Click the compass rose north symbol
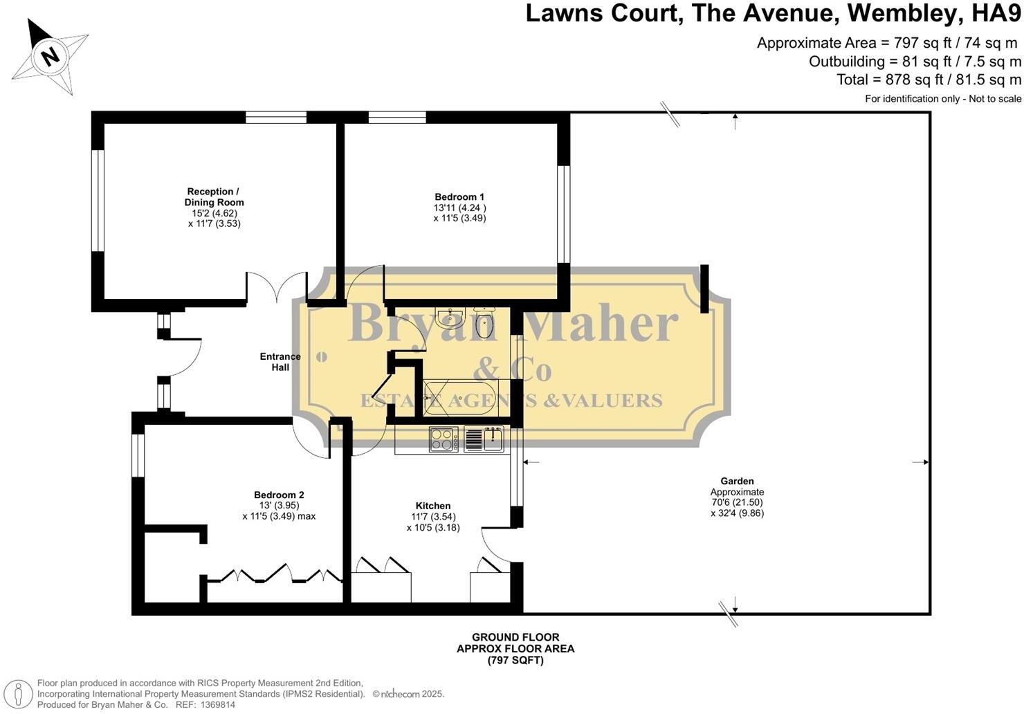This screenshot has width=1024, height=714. (x=50, y=55)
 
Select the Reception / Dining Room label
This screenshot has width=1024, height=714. (x=214, y=197)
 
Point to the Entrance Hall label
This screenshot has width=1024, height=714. (x=280, y=362)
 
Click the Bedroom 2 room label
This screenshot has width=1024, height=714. (x=279, y=495)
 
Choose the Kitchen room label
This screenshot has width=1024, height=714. (x=433, y=506)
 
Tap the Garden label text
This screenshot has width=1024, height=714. (x=737, y=481)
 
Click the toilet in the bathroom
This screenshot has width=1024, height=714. (x=484, y=323)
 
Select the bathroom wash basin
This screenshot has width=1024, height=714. (x=450, y=318)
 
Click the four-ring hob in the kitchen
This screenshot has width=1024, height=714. (x=444, y=439)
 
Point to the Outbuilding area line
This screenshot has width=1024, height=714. (x=915, y=62)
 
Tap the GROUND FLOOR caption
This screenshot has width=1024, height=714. (x=515, y=637)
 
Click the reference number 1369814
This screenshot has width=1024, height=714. (x=217, y=705)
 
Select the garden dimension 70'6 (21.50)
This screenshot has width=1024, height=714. (x=737, y=502)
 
